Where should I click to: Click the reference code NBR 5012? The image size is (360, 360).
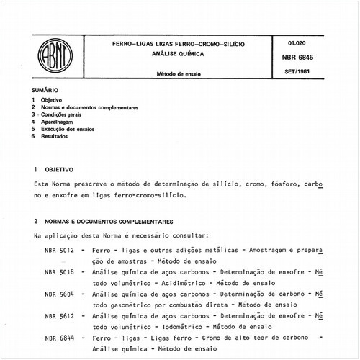(59, 248)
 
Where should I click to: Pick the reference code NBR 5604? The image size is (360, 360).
(59, 294)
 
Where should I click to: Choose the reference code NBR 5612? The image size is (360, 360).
(59, 317)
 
